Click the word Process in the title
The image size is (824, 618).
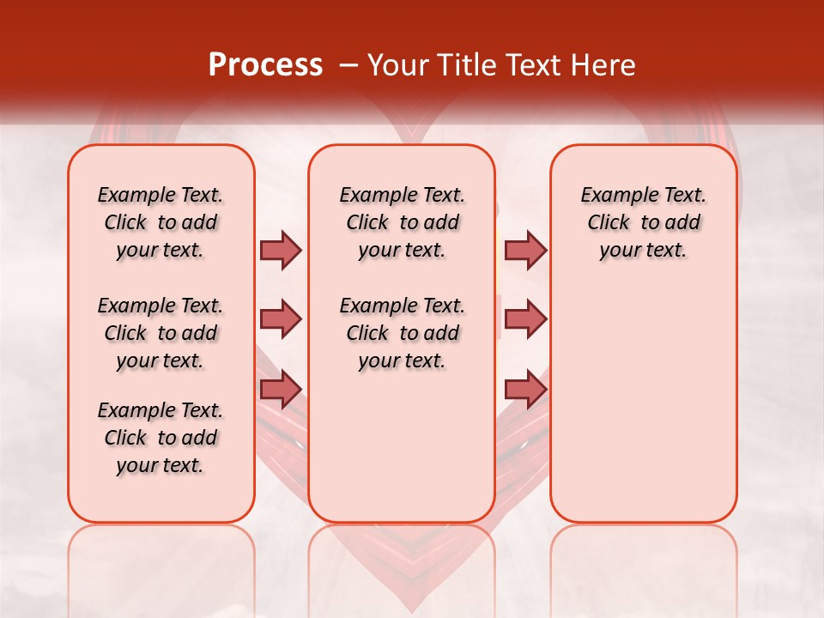point(265,65)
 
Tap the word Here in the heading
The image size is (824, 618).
point(602,65)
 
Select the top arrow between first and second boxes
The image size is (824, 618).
point(281,250)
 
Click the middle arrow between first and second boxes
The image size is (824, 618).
point(281,319)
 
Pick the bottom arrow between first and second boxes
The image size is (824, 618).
point(281,389)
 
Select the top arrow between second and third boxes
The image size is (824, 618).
point(525,250)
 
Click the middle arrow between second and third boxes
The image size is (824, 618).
point(525,319)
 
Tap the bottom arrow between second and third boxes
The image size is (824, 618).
point(525,389)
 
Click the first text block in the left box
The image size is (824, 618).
point(161,222)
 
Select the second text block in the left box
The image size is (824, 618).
point(161,333)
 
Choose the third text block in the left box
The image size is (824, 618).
point(161,438)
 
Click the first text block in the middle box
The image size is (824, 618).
point(402,222)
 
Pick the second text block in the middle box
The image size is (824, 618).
point(402,333)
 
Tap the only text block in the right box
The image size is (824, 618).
point(644,222)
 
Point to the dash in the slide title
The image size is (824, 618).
point(348,65)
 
